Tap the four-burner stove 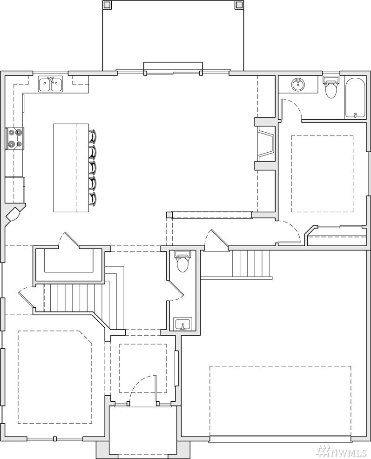[15, 139]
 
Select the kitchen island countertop [71, 168]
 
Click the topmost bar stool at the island [93, 136]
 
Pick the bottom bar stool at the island [93, 199]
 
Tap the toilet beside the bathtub [331, 88]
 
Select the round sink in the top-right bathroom [298, 85]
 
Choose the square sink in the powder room [182, 324]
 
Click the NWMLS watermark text [351, 451]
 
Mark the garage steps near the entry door [250, 264]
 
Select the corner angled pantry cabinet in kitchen [13, 215]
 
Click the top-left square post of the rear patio [106, 4]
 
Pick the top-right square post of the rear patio [239, 4]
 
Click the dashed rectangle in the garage [280, 401]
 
